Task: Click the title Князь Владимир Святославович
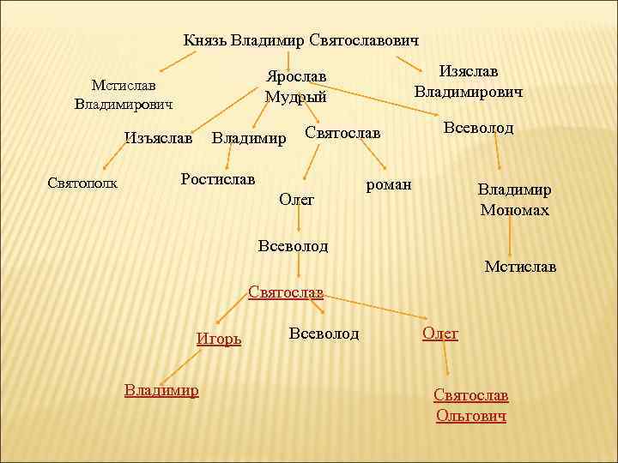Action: [301, 39]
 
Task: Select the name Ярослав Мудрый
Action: [296, 86]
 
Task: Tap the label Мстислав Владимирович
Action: [124, 94]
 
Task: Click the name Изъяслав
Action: [158, 137]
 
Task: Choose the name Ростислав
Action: [218, 179]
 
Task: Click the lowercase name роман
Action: [389, 183]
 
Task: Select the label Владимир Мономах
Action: [514, 199]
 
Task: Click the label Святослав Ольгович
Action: [471, 405]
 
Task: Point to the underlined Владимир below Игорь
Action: [161, 390]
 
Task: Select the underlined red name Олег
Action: [440, 334]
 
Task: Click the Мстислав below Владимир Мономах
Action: [520, 267]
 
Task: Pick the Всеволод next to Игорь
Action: [324, 333]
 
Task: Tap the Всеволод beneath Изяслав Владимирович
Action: [478, 128]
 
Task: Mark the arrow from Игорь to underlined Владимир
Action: [177, 365]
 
